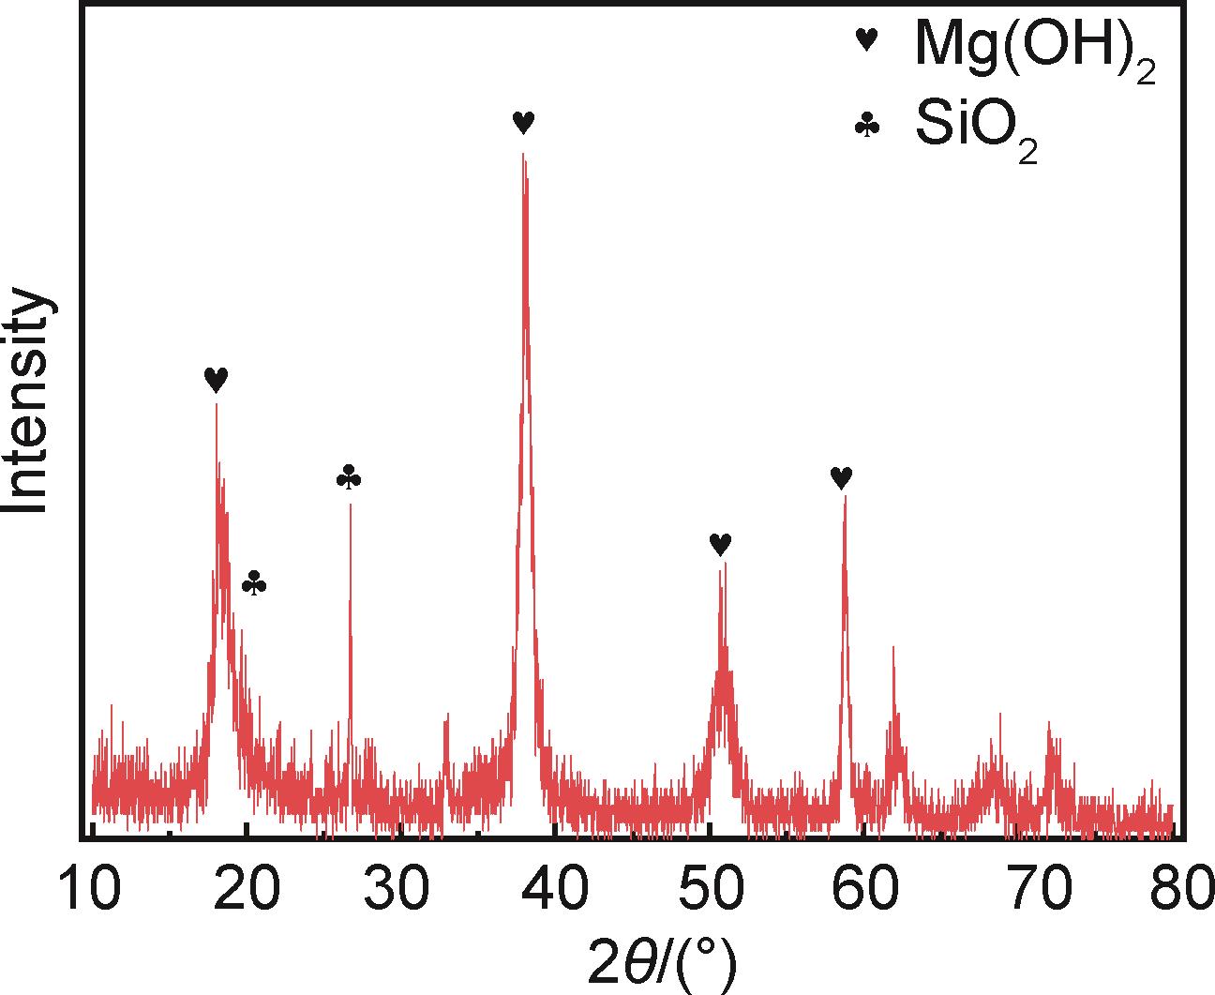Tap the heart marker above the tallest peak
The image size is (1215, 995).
click(x=524, y=122)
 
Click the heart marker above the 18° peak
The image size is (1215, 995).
click(x=216, y=379)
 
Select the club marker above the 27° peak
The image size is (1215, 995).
click(x=349, y=478)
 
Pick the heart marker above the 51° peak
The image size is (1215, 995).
click(x=720, y=544)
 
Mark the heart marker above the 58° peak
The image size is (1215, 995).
click(x=842, y=478)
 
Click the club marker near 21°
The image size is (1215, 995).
click(x=254, y=583)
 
